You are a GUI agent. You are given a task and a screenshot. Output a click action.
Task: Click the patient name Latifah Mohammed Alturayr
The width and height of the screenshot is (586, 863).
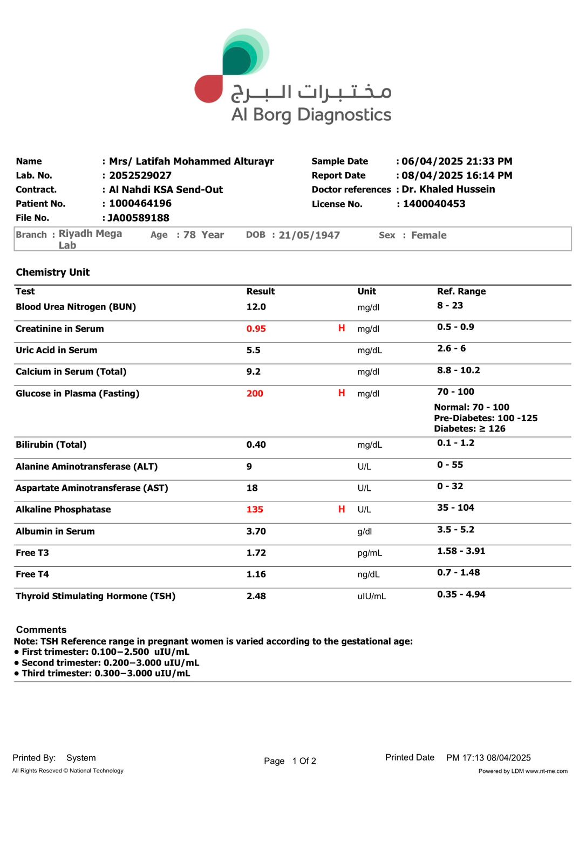(x=192, y=161)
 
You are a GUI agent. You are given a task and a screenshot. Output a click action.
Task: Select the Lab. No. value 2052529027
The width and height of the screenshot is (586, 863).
(x=140, y=175)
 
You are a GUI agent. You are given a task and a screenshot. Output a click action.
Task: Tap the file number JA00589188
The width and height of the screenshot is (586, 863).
(x=138, y=218)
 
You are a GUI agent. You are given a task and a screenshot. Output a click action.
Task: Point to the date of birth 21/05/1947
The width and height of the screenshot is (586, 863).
(x=309, y=235)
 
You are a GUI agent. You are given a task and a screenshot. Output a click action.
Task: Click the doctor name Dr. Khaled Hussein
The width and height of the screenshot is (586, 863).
(x=448, y=189)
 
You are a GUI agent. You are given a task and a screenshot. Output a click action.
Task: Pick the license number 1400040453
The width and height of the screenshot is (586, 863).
(x=434, y=204)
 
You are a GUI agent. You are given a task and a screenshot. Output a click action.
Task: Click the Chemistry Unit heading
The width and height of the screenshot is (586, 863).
(x=53, y=272)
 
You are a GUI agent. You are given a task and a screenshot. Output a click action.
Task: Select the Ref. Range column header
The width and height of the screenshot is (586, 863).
(x=461, y=291)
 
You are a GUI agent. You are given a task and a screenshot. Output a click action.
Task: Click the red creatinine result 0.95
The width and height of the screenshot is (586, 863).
(x=256, y=329)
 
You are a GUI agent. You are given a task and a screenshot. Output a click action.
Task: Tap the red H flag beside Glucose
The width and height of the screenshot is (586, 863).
(x=342, y=393)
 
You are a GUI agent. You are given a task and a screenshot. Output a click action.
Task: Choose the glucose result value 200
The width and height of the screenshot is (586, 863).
(x=255, y=394)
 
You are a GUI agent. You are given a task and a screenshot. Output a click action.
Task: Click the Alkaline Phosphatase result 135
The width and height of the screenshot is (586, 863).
(x=255, y=510)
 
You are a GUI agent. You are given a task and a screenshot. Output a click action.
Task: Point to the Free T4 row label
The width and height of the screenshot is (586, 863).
(x=32, y=574)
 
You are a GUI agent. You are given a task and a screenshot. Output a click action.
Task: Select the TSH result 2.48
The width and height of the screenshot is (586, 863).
(x=256, y=596)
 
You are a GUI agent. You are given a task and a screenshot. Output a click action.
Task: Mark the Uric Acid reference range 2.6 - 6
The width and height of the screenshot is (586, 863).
(x=451, y=348)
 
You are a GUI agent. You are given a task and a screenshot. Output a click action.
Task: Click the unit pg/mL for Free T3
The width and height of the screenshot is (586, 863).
(x=370, y=553)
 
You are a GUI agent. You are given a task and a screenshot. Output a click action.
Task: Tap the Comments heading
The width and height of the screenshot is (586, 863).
(x=42, y=629)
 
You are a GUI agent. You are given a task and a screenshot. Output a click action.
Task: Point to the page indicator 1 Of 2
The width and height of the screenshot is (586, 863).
(x=304, y=761)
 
